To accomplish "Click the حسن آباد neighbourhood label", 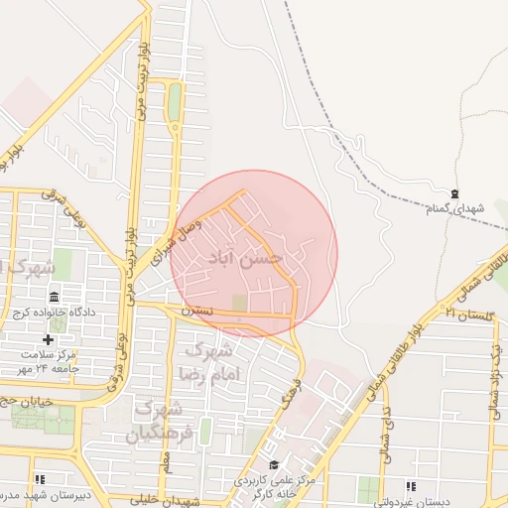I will click(x=245, y=257).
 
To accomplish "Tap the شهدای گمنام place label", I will click(x=454, y=208).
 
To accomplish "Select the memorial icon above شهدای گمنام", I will click(x=454, y=193).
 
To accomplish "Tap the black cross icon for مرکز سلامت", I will click(x=47, y=339).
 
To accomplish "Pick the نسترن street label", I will click(x=196, y=312).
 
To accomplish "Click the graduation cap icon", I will click(x=274, y=464).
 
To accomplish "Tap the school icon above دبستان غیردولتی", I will click(x=410, y=486).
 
